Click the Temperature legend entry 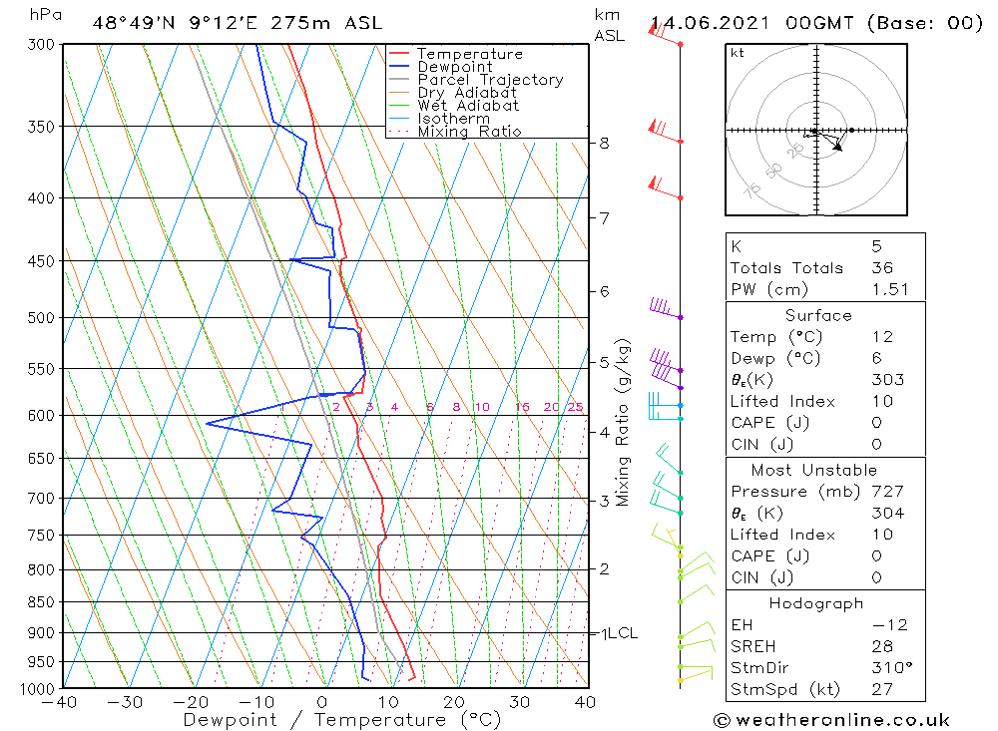(469, 54)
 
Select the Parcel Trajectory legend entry (490, 80)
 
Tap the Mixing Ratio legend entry (469, 132)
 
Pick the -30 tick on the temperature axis (127, 702)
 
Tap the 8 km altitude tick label (604, 143)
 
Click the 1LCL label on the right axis (618, 633)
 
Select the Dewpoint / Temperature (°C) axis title (325, 720)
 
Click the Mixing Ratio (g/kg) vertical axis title (624, 422)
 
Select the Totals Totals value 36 (881, 267)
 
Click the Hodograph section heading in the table (817, 603)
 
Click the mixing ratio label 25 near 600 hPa (575, 407)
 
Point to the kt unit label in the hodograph (737, 53)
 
